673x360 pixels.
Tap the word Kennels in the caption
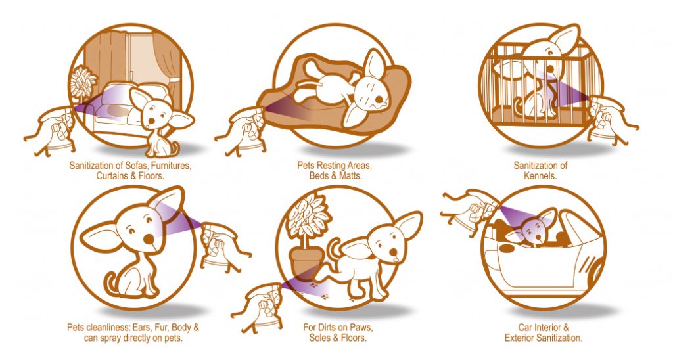click(x=540, y=175)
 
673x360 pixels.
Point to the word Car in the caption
click(x=526, y=327)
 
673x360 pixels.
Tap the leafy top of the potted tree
click(x=309, y=216)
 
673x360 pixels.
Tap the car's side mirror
click(x=507, y=248)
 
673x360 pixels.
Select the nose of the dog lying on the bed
click(x=379, y=101)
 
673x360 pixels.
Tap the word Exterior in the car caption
click(x=521, y=338)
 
